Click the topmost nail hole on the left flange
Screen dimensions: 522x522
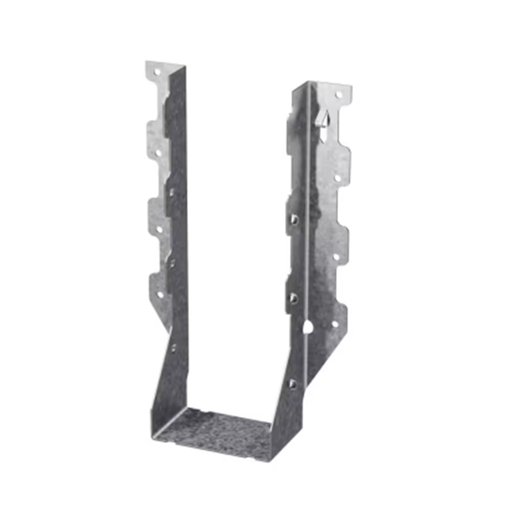156,72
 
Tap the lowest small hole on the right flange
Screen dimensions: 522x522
334,323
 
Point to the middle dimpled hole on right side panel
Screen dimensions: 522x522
294,298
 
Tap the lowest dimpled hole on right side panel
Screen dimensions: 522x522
292,383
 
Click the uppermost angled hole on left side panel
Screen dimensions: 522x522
171,190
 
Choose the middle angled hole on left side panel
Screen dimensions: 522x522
171,260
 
